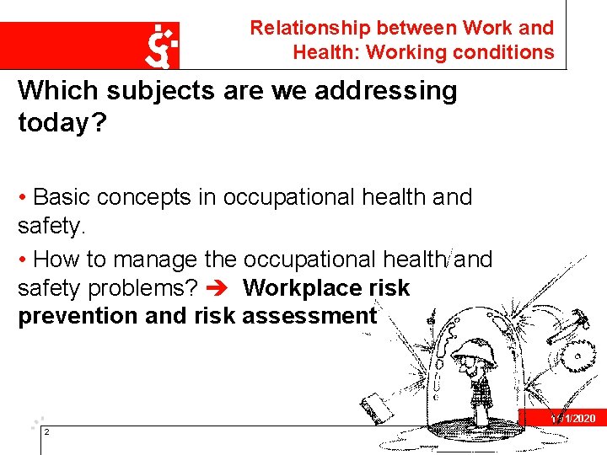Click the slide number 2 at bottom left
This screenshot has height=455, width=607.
tap(46, 432)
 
